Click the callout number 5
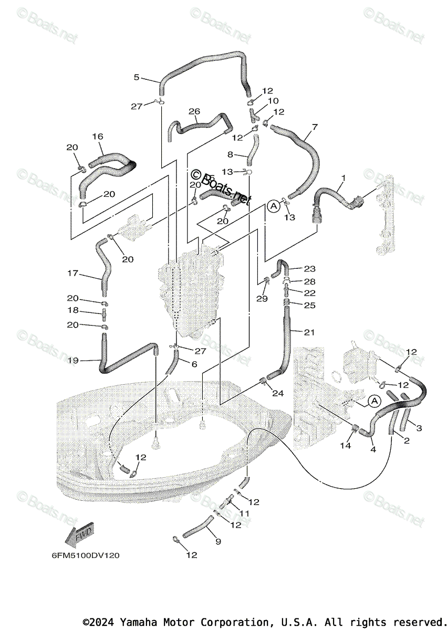(137, 77)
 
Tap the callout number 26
(194, 111)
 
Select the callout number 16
(97, 136)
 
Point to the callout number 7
(314, 127)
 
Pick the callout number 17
(72, 273)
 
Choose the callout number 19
(72, 360)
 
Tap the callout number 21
(309, 332)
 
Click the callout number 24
(278, 393)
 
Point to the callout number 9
(219, 541)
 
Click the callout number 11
(244, 513)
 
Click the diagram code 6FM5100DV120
(86, 555)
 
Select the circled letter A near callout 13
(274, 206)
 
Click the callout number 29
(262, 298)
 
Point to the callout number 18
(72, 311)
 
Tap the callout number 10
(273, 101)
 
